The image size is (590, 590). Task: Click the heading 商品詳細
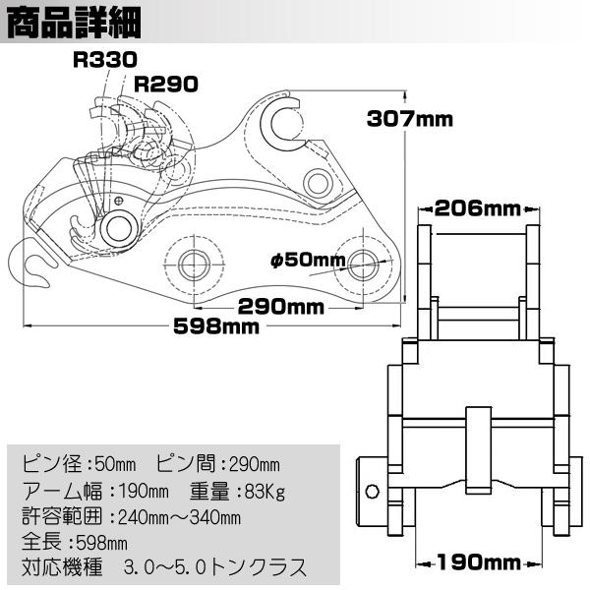click(74, 21)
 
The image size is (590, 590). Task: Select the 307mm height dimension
click(409, 119)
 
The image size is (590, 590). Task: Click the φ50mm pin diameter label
click(308, 261)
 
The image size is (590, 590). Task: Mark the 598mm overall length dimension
click(218, 327)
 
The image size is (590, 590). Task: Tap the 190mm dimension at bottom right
click(479, 562)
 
